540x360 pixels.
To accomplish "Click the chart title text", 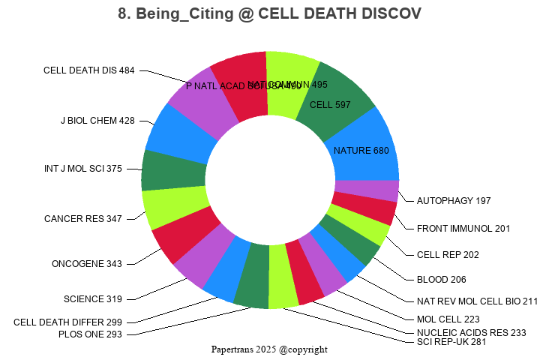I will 270,13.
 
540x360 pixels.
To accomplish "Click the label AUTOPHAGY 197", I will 454,201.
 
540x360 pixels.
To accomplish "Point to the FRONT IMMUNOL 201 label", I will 463,228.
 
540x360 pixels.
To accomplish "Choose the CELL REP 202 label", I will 448,254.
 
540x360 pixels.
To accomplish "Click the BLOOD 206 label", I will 441,279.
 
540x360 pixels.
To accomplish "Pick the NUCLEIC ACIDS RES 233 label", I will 471,332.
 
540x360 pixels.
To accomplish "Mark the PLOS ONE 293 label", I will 90,334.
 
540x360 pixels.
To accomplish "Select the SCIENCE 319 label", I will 93,299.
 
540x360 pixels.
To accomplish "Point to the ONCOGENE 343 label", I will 87,264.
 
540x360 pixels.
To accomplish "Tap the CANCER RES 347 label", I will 83,219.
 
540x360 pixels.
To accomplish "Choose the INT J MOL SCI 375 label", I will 83,169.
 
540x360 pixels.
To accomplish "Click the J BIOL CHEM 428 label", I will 97,120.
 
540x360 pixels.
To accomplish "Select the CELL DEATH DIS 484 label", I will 89,70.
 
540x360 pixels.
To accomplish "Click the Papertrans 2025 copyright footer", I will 269,349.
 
